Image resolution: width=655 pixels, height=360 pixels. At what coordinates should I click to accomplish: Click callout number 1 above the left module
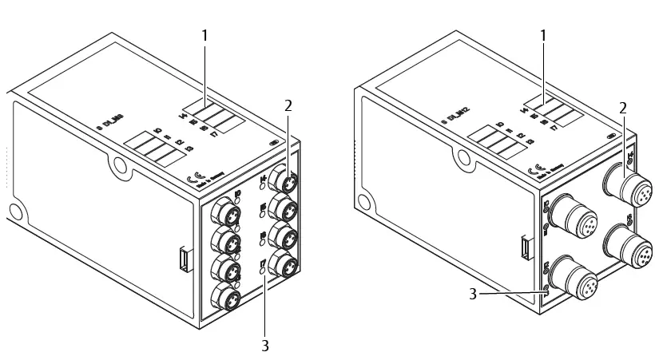(204, 36)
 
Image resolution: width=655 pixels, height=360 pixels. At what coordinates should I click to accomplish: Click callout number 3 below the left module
(265, 346)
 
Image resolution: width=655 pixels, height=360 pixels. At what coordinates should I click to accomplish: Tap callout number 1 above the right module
(544, 36)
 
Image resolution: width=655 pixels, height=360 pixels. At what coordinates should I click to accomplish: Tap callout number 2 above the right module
(624, 106)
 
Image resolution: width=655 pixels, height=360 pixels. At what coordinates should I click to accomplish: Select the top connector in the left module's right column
(284, 176)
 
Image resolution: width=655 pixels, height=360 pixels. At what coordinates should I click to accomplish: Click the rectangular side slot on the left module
(185, 260)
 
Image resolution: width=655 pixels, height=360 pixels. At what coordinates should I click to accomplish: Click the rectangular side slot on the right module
(523, 248)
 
